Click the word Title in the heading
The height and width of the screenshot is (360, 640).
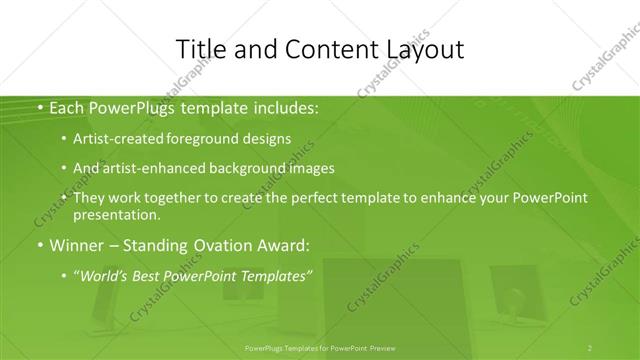click(x=200, y=50)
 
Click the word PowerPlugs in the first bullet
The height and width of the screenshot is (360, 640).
click(x=136, y=106)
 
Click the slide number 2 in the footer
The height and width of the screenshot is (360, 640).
click(x=589, y=348)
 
